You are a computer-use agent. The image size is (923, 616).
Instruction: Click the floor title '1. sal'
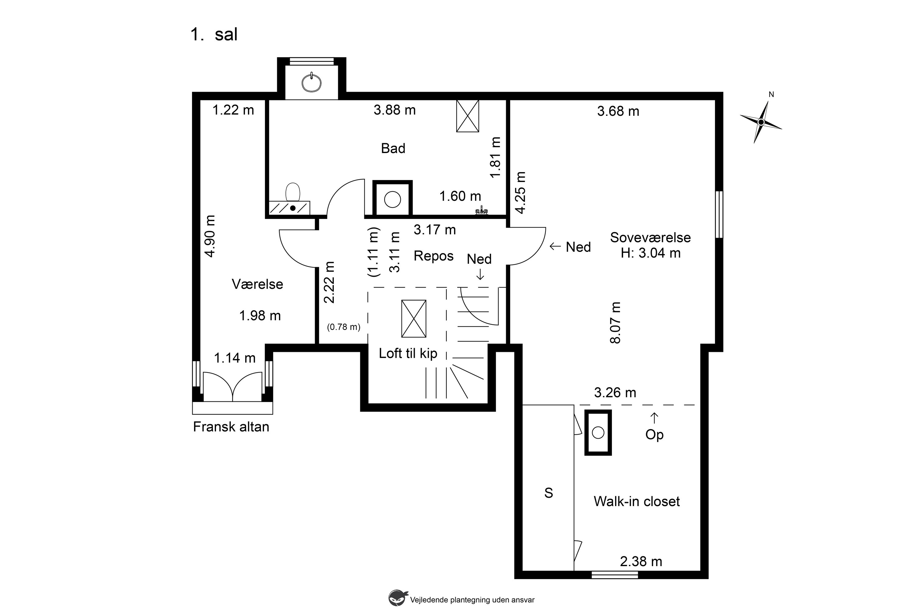coord(214,34)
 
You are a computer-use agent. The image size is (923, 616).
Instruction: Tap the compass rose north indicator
coord(761,122)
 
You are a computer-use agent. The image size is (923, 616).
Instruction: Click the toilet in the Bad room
coord(293,192)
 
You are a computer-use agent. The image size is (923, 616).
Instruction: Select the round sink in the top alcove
coord(311,83)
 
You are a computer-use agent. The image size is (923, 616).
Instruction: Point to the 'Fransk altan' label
coord(231,427)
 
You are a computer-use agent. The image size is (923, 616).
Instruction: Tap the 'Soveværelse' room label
coord(650,237)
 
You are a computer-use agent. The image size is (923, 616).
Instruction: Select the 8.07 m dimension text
coord(615,323)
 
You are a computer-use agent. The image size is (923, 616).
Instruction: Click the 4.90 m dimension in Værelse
coord(210,236)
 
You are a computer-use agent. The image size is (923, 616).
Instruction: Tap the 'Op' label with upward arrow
coord(654,428)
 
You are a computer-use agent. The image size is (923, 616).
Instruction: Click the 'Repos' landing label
coord(434,256)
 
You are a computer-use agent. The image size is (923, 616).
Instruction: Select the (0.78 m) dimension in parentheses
coord(344,327)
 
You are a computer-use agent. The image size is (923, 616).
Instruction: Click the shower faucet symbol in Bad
coord(481,211)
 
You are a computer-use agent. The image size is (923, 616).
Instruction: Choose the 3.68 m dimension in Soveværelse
coord(618,111)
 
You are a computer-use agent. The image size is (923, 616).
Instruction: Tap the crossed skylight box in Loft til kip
coord(414,319)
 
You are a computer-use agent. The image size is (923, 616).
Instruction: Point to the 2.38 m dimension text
coord(641,562)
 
